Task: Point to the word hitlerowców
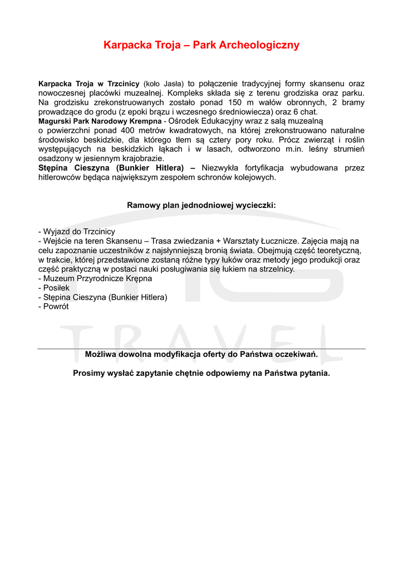[60, 177]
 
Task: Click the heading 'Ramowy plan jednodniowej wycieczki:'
[202, 205]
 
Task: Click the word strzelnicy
[276, 269]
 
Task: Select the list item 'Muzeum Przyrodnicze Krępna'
[95, 278]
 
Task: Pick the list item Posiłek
[53, 288]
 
